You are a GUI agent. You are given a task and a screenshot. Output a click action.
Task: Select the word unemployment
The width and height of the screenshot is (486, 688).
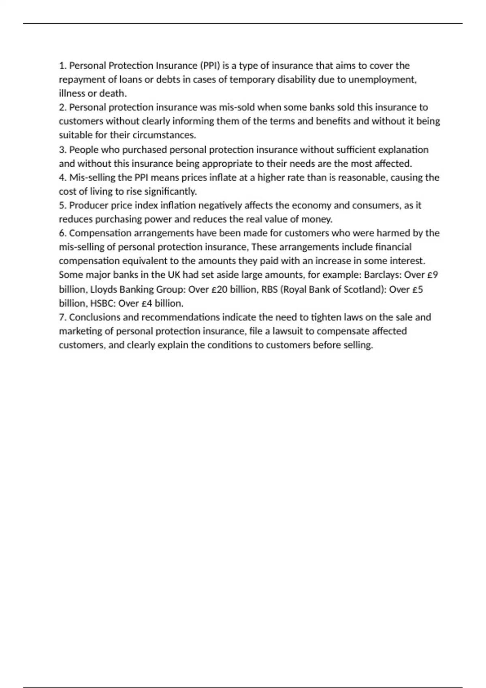(382, 79)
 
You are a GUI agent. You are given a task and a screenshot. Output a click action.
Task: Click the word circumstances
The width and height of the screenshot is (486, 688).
(164, 135)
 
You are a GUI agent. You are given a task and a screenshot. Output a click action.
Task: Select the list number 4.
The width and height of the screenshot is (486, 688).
(62, 178)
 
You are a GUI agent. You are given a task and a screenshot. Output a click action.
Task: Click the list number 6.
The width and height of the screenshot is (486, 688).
(62, 233)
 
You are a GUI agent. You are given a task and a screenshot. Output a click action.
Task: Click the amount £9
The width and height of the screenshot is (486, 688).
(433, 275)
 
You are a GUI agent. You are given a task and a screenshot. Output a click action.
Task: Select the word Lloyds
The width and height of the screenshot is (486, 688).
(103, 289)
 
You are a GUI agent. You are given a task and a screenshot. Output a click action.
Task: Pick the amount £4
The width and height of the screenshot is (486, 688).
(146, 303)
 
